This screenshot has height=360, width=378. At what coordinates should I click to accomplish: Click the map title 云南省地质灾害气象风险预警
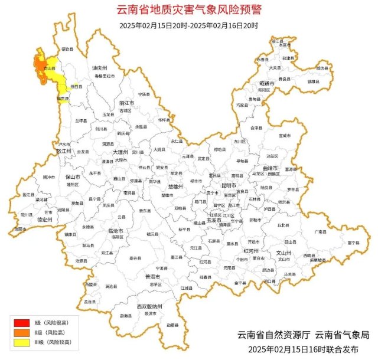188,10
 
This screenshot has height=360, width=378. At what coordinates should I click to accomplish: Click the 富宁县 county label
354,242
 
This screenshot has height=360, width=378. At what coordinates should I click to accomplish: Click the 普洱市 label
152,276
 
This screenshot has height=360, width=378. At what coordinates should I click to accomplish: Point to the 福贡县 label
63,99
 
